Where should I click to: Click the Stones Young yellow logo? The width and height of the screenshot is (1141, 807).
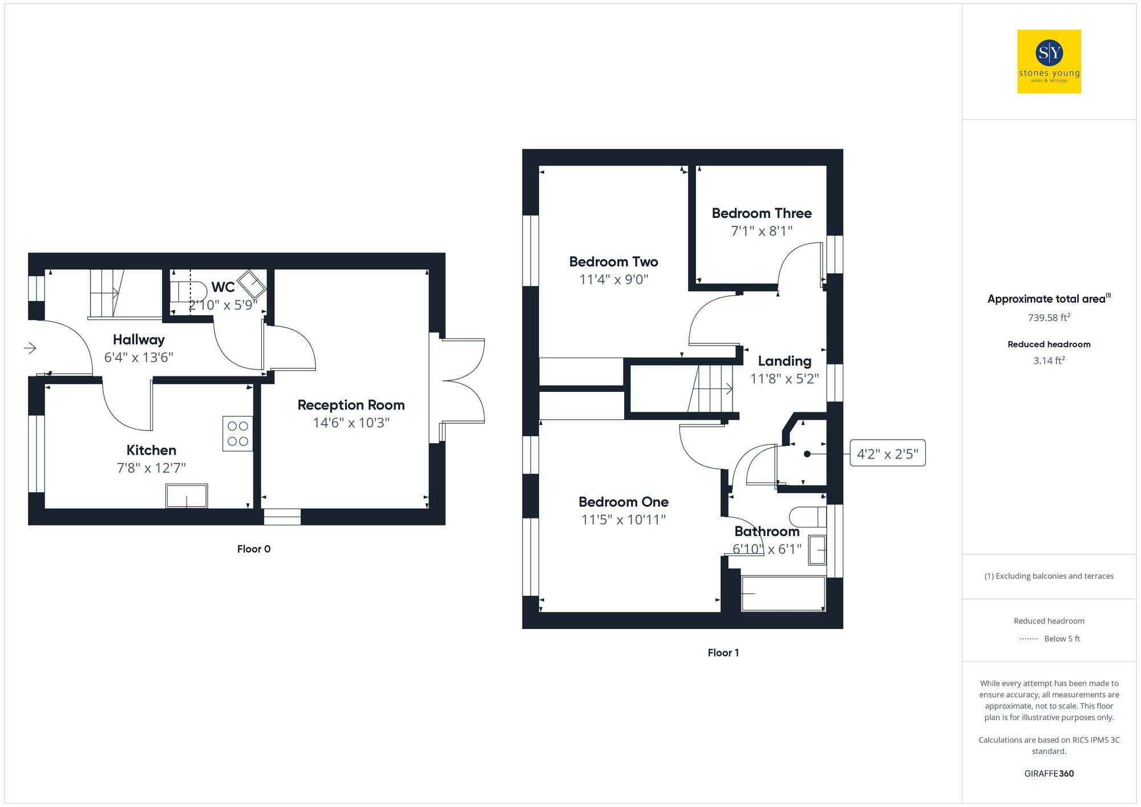(1049, 62)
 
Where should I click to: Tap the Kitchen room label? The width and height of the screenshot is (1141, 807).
(151, 450)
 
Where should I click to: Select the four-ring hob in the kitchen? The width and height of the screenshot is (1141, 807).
(238, 433)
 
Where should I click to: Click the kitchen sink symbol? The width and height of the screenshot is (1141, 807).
(187, 496)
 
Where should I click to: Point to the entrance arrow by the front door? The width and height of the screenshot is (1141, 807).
(30, 348)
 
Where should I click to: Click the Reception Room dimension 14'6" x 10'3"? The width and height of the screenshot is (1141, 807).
(351, 423)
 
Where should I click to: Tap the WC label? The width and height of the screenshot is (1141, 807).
(223, 287)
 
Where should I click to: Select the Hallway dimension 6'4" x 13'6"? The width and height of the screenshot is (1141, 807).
(139, 358)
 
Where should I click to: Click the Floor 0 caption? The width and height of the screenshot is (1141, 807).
(254, 549)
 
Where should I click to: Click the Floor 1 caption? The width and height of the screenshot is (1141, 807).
(723, 652)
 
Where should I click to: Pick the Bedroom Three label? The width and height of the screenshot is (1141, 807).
(762, 213)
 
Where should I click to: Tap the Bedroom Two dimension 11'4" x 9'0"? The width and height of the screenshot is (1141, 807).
(614, 279)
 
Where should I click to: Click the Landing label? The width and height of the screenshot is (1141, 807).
(784, 361)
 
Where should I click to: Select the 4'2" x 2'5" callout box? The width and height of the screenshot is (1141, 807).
(887, 453)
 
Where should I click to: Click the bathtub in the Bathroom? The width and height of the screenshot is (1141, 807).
(783, 593)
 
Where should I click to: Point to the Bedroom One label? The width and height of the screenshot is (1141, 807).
(623, 502)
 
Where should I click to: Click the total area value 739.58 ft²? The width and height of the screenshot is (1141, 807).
(1049, 318)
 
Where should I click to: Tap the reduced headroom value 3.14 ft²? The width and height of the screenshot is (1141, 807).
(1049, 360)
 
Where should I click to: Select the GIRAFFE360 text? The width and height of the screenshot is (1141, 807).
(1049, 773)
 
